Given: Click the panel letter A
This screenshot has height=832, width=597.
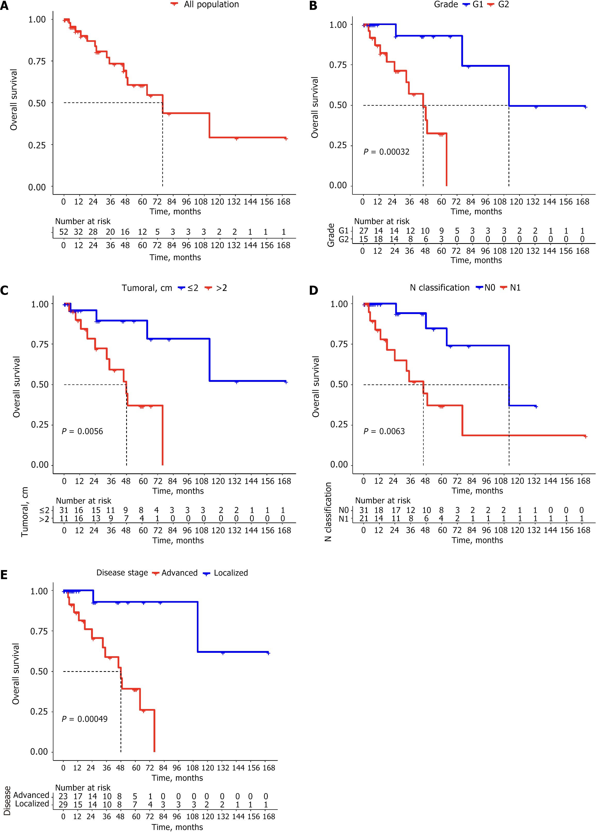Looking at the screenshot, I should point(4,6).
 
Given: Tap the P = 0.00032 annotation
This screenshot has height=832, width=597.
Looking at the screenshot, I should point(386,152).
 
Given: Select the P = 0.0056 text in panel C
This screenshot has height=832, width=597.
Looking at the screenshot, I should point(82,431).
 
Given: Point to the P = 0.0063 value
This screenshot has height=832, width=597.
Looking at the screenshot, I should point(384,431).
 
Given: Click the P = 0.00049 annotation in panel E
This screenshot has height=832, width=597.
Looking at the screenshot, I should point(84,719).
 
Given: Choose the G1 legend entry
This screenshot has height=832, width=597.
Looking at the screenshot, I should point(477,4).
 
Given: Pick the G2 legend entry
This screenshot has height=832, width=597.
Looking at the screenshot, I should point(503,4).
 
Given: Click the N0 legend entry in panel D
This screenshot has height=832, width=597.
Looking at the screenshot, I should point(489,288).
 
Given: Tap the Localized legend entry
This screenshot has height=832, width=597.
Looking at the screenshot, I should point(231,573).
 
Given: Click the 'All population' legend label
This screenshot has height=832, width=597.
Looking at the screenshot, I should point(211,4).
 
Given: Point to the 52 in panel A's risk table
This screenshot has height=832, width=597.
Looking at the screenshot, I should point(64,232).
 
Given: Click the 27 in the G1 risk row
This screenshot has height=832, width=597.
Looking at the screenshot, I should point(364,231).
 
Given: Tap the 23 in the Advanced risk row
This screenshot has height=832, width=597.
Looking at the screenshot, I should point(63,796).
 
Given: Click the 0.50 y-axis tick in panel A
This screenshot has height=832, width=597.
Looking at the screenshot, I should point(37,103).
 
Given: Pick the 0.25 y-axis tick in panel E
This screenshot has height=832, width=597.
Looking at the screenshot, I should point(39,712).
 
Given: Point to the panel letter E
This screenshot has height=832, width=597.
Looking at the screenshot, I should point(4,575).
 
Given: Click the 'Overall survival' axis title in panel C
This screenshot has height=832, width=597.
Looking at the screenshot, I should point(17,387).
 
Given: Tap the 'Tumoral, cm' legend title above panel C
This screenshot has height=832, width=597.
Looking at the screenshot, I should point(147,288).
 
